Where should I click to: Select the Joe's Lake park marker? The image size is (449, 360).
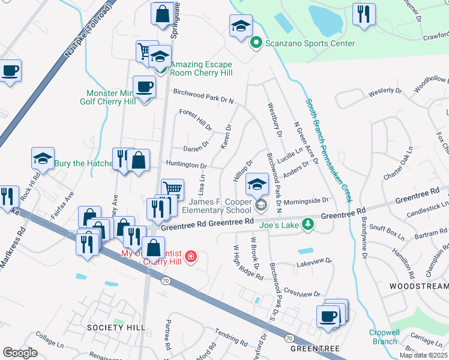point(308,224)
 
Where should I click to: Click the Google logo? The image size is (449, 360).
point(20,353)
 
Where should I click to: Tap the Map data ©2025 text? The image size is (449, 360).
point(423,355)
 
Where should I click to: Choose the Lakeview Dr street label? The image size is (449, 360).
point(314,262)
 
